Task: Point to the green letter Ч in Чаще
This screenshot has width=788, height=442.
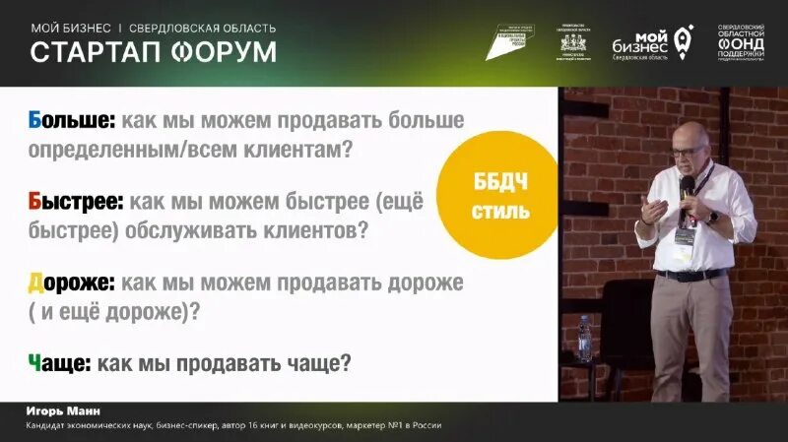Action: tap(36, 363)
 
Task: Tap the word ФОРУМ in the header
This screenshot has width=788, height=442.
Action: tap(218, 52)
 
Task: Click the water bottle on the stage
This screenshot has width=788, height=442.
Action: tap(584, 339)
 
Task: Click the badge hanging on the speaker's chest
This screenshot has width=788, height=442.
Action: tap(681, 236)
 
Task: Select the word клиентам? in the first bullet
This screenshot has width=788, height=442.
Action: tap(300, 151)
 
